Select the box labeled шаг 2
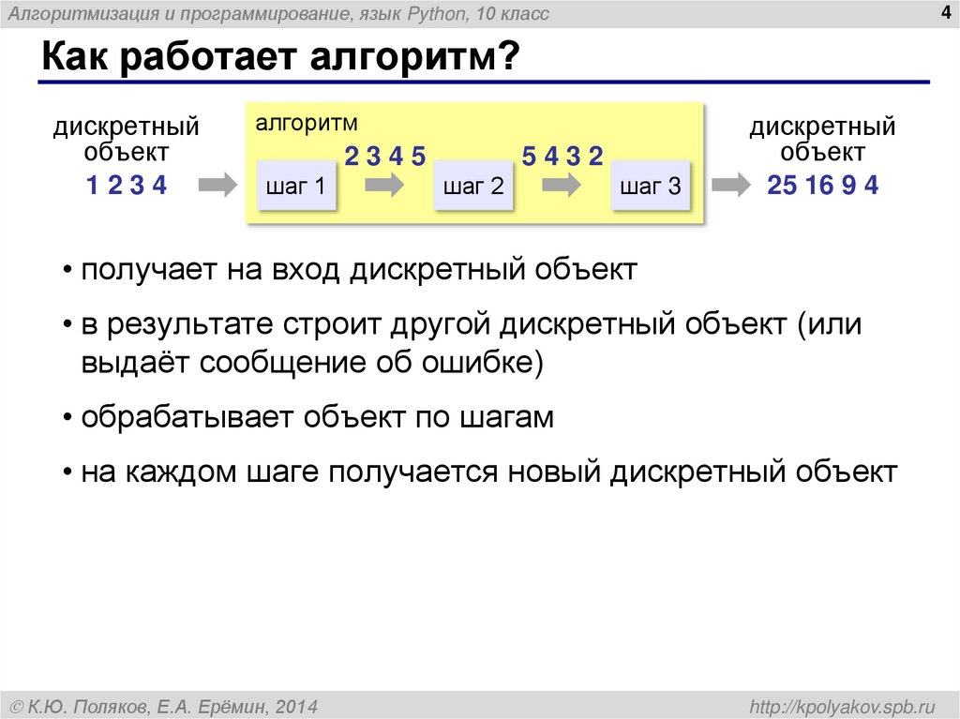coord(473,186)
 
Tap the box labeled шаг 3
coord(650,186)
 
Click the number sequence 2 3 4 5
coord(384,157)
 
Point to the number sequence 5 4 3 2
coord(562,157)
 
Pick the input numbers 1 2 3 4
coord(126,186)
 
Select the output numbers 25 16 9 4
coord(822,186)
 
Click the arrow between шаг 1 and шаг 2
coord(384,186)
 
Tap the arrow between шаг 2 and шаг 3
coord(562,186)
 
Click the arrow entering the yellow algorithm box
coord(219,186)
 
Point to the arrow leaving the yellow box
coord(730,186)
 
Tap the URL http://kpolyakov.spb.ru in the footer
coord(851,705)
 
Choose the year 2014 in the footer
coord(297,705)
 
